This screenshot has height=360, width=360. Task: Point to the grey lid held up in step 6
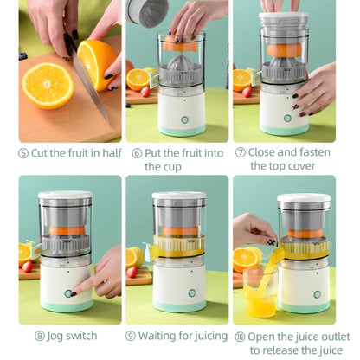(x=146, y=10)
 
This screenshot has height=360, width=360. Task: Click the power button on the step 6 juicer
(x=183, y=120)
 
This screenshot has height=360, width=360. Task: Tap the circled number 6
(x=137, y=153)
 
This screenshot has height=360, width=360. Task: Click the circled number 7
(x=241, y=153)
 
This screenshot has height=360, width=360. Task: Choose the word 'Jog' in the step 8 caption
(x=58, y=336)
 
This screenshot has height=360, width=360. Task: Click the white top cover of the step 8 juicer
(x=65, y=197)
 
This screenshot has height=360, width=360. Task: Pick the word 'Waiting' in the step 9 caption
(x=161, y=336)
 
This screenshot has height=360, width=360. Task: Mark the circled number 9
(x=130, y=336)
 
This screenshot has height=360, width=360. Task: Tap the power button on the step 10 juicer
(x=317, y=293)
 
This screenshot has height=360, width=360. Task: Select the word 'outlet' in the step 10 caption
(x=331, y=336)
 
